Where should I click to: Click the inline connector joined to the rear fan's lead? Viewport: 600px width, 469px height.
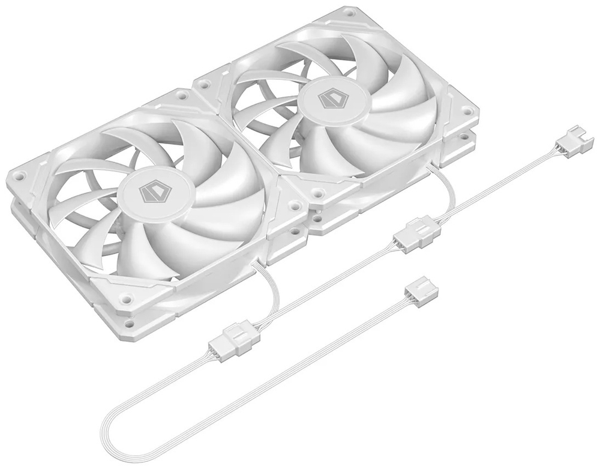coord(416,232)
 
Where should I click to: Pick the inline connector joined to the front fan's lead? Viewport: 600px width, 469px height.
coord(232,338)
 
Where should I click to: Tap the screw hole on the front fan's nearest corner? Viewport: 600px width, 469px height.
coord(126,298)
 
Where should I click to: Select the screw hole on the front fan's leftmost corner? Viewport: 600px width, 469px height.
coord(19,176)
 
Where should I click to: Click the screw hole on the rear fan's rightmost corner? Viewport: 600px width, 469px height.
coord(466,112)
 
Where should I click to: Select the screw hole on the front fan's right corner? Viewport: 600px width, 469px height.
coord(294,205)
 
